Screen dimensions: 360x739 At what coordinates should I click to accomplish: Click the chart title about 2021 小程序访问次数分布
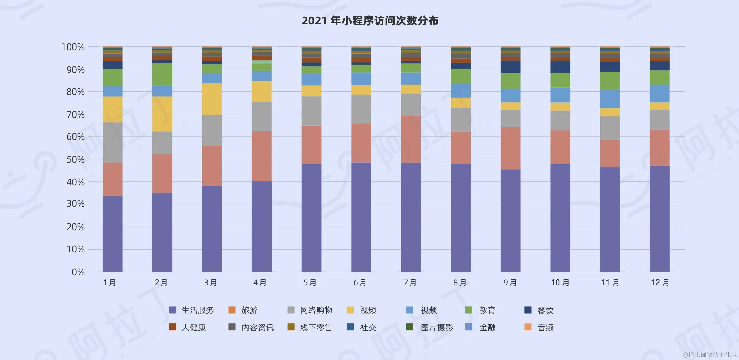369,21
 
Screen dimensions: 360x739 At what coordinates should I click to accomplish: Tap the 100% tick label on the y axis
73,47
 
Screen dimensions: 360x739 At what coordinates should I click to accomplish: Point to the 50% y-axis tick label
75,159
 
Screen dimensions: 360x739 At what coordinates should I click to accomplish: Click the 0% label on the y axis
78,272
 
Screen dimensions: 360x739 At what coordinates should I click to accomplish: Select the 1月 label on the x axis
110,283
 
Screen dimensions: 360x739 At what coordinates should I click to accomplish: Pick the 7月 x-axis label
410,283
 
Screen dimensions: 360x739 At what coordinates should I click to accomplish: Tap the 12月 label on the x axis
660,283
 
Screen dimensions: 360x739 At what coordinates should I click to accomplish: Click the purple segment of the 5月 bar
311,217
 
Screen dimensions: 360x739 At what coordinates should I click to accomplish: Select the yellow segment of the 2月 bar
162,114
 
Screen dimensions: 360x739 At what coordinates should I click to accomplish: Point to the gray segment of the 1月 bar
112,143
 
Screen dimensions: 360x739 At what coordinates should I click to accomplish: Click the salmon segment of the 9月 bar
510,148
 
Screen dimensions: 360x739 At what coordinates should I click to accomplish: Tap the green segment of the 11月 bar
610,81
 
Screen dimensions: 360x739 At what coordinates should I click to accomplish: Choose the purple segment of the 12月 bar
660,219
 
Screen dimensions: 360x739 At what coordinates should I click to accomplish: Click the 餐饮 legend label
545,310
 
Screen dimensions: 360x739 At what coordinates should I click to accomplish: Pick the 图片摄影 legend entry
437,328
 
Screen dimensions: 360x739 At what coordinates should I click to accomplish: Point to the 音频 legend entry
545,328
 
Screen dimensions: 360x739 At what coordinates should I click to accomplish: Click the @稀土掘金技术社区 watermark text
710,355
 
